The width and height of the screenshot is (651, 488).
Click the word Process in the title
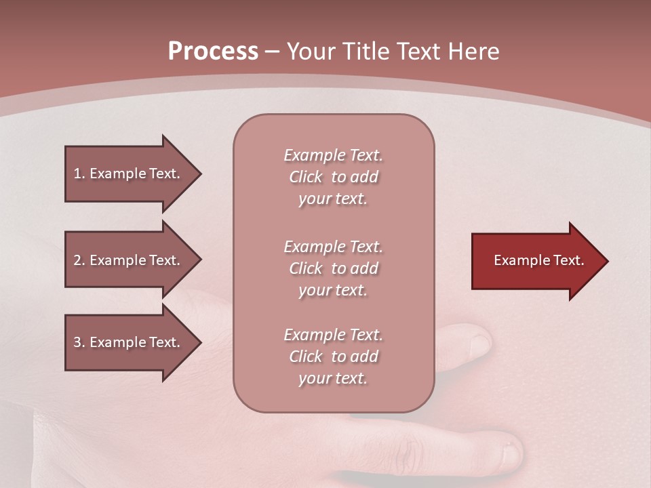coord(213,52)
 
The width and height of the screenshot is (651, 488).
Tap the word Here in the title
coord(473,52)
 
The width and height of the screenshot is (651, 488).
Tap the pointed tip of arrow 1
coord(199,174)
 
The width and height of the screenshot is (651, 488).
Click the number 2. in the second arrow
coord(79,260)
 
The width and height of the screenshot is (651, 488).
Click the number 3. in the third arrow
coord(79,342)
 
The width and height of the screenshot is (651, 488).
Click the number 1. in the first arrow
coord(79,174)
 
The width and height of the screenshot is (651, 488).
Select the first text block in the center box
coord(333,177)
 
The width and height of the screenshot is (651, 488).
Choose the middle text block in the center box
coord(333,268)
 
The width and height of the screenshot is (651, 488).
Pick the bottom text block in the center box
coord(333,357)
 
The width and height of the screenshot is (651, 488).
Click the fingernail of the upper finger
coord(479,344)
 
